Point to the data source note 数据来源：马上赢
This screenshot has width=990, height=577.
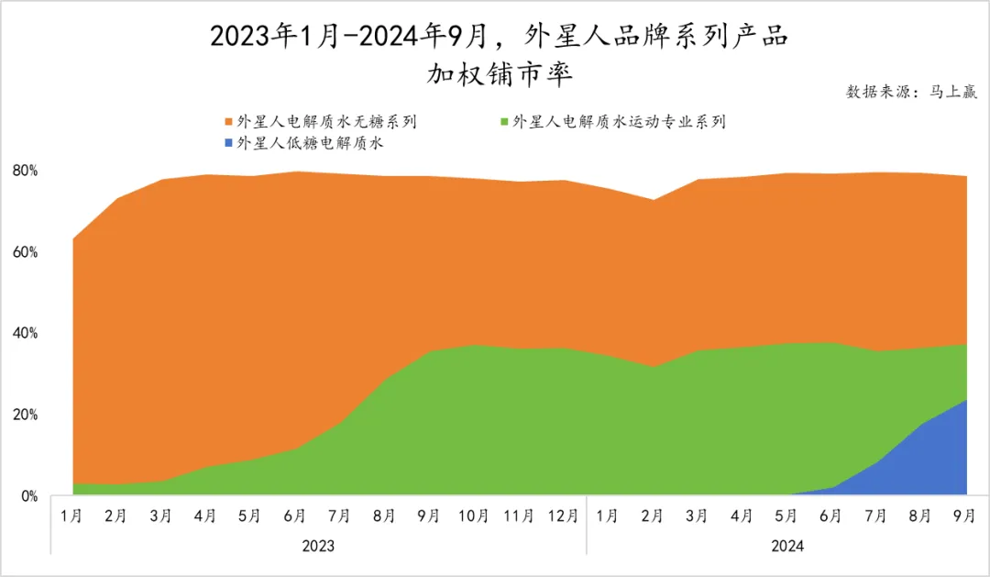coord(911,92)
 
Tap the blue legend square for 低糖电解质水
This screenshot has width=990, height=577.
coord(228,144)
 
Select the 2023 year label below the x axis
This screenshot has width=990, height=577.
coord(318,546)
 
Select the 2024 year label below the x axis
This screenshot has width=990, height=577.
coord(787,546)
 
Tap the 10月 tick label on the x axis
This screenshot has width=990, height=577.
coord(474,516)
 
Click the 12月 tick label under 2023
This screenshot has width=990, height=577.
coord(564,516)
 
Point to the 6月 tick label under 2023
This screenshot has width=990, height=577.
coord(295,516)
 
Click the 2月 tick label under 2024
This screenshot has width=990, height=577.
coord(654,516)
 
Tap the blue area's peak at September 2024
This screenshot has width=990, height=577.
coord(966,400)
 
